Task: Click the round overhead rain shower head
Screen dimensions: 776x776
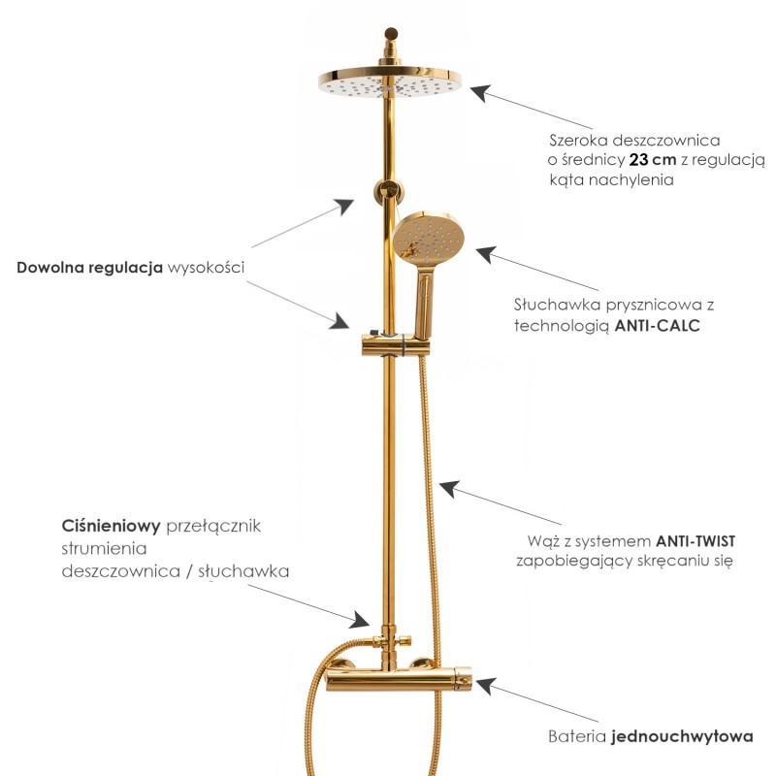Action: click(390, 83)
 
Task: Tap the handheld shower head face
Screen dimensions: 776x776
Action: click(429, 238)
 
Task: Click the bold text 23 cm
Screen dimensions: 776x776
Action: click(652, 160)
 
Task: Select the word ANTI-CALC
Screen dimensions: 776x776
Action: click(658, 326)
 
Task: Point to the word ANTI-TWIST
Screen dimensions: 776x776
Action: click(695, 541)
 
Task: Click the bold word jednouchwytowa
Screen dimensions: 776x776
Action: click(683, 736)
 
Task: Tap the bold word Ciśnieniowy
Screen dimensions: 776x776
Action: click(111, 526)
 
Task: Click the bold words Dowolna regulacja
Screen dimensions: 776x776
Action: click(89, 268)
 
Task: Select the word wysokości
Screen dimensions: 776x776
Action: click(206, 268)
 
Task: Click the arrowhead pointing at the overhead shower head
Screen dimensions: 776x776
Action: click(479, 93)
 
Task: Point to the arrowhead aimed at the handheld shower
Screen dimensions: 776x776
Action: click(486, 254)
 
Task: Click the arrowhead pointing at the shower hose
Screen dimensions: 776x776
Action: click(449, 489)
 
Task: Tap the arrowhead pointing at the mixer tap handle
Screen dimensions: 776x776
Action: click(486, 687)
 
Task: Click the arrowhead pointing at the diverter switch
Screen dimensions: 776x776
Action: click(360, 620)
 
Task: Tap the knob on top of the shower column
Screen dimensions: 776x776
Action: click(391, 34)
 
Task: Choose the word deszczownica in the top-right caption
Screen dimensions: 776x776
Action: click(666, 141)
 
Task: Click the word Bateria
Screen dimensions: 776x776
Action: click(577, 736)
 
